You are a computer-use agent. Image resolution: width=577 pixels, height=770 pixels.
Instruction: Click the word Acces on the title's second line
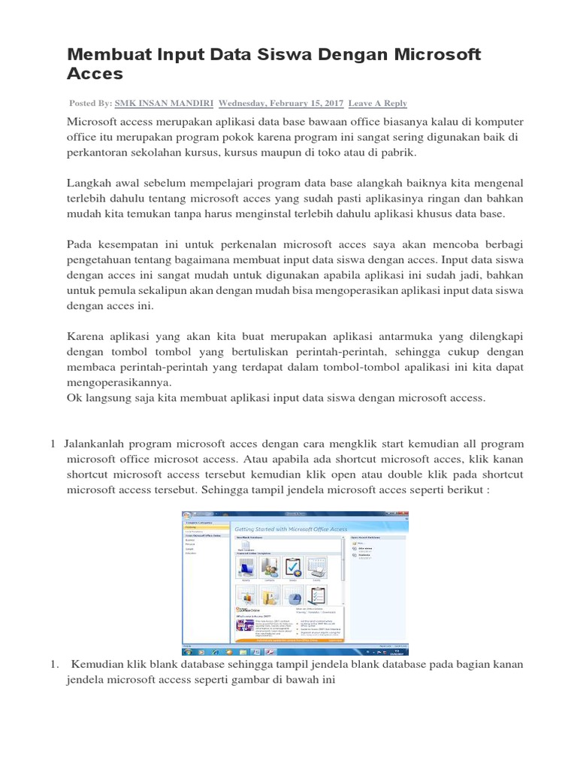(95, 74)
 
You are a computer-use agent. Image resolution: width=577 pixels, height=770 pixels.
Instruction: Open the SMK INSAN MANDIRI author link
(163, 103)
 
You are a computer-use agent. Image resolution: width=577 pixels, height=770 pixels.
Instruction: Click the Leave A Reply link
(378, 103)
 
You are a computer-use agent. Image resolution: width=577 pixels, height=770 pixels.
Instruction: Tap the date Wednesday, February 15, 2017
(280, 103)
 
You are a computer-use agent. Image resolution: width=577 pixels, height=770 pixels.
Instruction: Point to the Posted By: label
(91, 103)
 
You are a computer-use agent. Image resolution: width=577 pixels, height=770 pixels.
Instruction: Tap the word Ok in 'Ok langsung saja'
(74, 399)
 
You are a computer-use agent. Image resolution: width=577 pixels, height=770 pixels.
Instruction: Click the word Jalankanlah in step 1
(98, 444)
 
